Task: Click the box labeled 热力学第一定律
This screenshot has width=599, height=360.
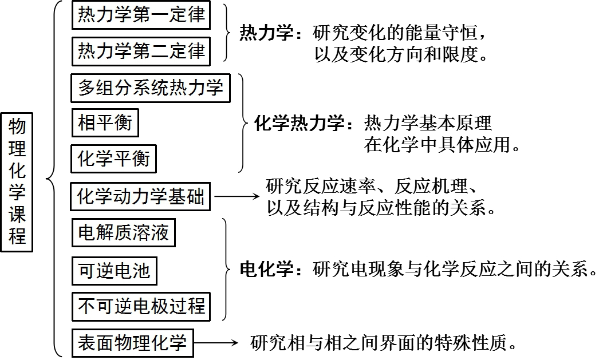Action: click(x=141, y=15)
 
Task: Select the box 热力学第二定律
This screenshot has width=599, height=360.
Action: click(x=141, y=51)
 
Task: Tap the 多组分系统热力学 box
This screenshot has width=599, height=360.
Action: click(x=151, y=88)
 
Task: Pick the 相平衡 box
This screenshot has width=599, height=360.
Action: click(x=105, y=123)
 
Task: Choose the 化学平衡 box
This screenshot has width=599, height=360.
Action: click(x=113, y=159)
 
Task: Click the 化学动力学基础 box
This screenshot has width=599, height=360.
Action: click(x=140, y=197)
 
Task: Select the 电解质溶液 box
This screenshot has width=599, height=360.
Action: click(x=123, y=232)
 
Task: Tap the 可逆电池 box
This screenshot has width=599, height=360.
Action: click(x=114, y=271)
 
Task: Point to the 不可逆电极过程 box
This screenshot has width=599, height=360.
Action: click(x=141, y=307)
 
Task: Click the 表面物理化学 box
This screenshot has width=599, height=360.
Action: click(x=132, y=343)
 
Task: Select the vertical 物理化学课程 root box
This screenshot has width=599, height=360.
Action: click(x=17, y=182)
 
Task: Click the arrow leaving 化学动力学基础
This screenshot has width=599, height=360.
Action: click(x=237, y=197)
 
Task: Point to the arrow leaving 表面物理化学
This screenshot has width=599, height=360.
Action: click(x=216, y=342)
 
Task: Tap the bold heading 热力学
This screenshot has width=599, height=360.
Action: click(x=266, y=33)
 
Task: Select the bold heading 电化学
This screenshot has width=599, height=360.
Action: click(x=266, y=270)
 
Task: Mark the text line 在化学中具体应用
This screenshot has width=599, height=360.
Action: click(x=442, y=144)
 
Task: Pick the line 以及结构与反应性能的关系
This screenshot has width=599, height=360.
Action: click(x=381, y=208)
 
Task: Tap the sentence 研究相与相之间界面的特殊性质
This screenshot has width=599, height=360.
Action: click(x=384, y=342)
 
